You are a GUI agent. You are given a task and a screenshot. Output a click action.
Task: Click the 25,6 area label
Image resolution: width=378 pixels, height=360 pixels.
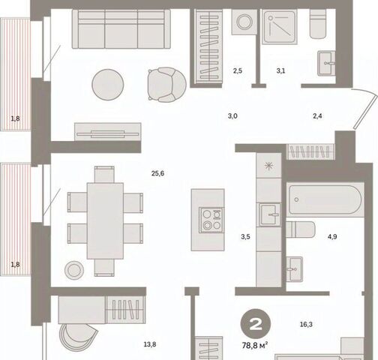point(157,173)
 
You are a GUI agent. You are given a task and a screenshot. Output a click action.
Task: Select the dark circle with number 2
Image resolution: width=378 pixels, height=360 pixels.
point(256,324)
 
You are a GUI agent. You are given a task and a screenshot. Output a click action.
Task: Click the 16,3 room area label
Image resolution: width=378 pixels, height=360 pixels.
point(306,325)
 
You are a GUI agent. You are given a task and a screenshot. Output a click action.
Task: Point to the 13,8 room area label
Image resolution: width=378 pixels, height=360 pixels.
point(150,344)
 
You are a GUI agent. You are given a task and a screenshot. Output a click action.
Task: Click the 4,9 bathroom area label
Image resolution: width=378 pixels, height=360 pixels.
point(332,236)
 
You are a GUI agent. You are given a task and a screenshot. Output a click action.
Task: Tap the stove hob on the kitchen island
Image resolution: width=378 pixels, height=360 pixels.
point(211,220)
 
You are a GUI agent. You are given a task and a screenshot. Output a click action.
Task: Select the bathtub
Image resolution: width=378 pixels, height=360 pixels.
point(325,199)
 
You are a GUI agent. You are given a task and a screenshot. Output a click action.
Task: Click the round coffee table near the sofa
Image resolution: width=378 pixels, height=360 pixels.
point(108,85)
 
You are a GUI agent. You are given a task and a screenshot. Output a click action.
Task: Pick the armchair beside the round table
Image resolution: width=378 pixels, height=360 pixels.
point(166,85)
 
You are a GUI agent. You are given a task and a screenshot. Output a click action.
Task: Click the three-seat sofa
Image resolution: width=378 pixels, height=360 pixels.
point(121,29)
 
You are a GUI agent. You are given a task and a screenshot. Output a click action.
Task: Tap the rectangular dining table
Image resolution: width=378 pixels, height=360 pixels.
point(105,221)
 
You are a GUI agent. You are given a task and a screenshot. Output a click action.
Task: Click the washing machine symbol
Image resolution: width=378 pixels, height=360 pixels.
point(244,22)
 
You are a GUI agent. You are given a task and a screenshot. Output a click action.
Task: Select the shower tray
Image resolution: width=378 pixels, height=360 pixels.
point(280,27)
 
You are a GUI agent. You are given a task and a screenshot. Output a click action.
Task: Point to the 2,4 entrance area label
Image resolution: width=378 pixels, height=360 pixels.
point(317,116)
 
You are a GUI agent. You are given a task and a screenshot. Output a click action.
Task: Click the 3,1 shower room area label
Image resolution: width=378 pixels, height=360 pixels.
point(280,71)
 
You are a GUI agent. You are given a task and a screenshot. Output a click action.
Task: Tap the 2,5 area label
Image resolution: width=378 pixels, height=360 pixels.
point(238,71)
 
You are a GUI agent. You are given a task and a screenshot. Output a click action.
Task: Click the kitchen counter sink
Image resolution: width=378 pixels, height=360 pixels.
point(270,214)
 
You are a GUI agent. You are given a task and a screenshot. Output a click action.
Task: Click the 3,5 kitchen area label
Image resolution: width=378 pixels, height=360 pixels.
point(245,236)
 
